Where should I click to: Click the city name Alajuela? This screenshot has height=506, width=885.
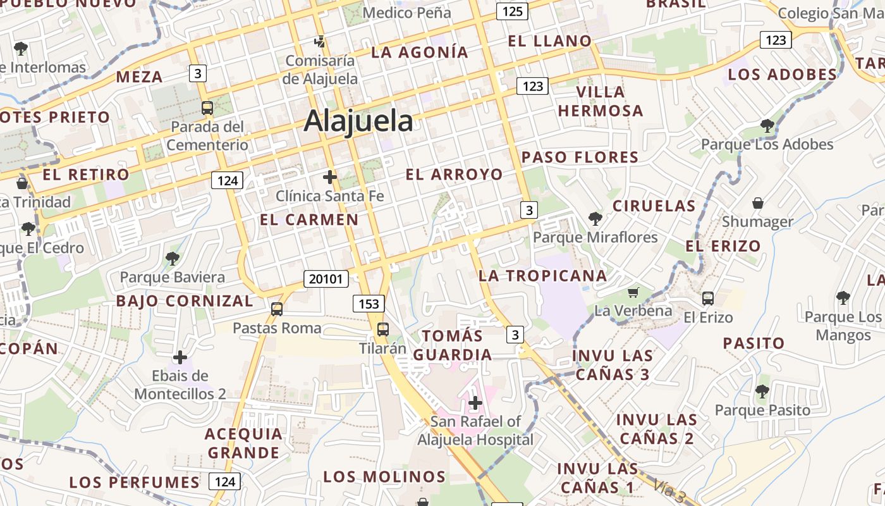click(358, 120)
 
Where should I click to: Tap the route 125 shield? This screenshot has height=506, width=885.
click(512, 11)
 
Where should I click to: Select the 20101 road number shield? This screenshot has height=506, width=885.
click(326, 278)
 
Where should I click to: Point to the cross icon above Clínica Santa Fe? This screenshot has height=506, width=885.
click(329, 176)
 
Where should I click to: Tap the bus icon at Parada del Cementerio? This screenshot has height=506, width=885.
click(207, 108)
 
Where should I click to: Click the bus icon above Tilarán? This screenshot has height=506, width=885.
click(383, 329)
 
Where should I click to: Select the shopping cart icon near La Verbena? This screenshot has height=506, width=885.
click(633, 292)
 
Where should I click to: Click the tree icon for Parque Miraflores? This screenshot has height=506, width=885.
click(595, 219)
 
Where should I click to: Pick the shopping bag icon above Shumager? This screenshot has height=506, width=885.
click(757, 203)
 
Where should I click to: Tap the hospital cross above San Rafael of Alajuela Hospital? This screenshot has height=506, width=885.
click(475, 402)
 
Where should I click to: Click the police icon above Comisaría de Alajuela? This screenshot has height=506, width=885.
click(320, 42)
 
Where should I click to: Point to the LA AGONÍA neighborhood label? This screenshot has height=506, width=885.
click(420, 52)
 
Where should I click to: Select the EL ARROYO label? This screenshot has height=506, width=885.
click(455, 175)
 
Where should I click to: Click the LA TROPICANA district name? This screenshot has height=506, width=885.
click(542, 276)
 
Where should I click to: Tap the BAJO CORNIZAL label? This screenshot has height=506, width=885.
click(185, 301)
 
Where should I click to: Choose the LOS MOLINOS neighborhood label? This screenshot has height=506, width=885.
click(384, 476)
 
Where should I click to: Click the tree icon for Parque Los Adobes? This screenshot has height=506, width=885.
click(767, 125)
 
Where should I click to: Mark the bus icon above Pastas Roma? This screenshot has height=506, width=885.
click(277, 309)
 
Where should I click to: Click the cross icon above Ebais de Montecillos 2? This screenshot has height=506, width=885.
click(180, 357)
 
